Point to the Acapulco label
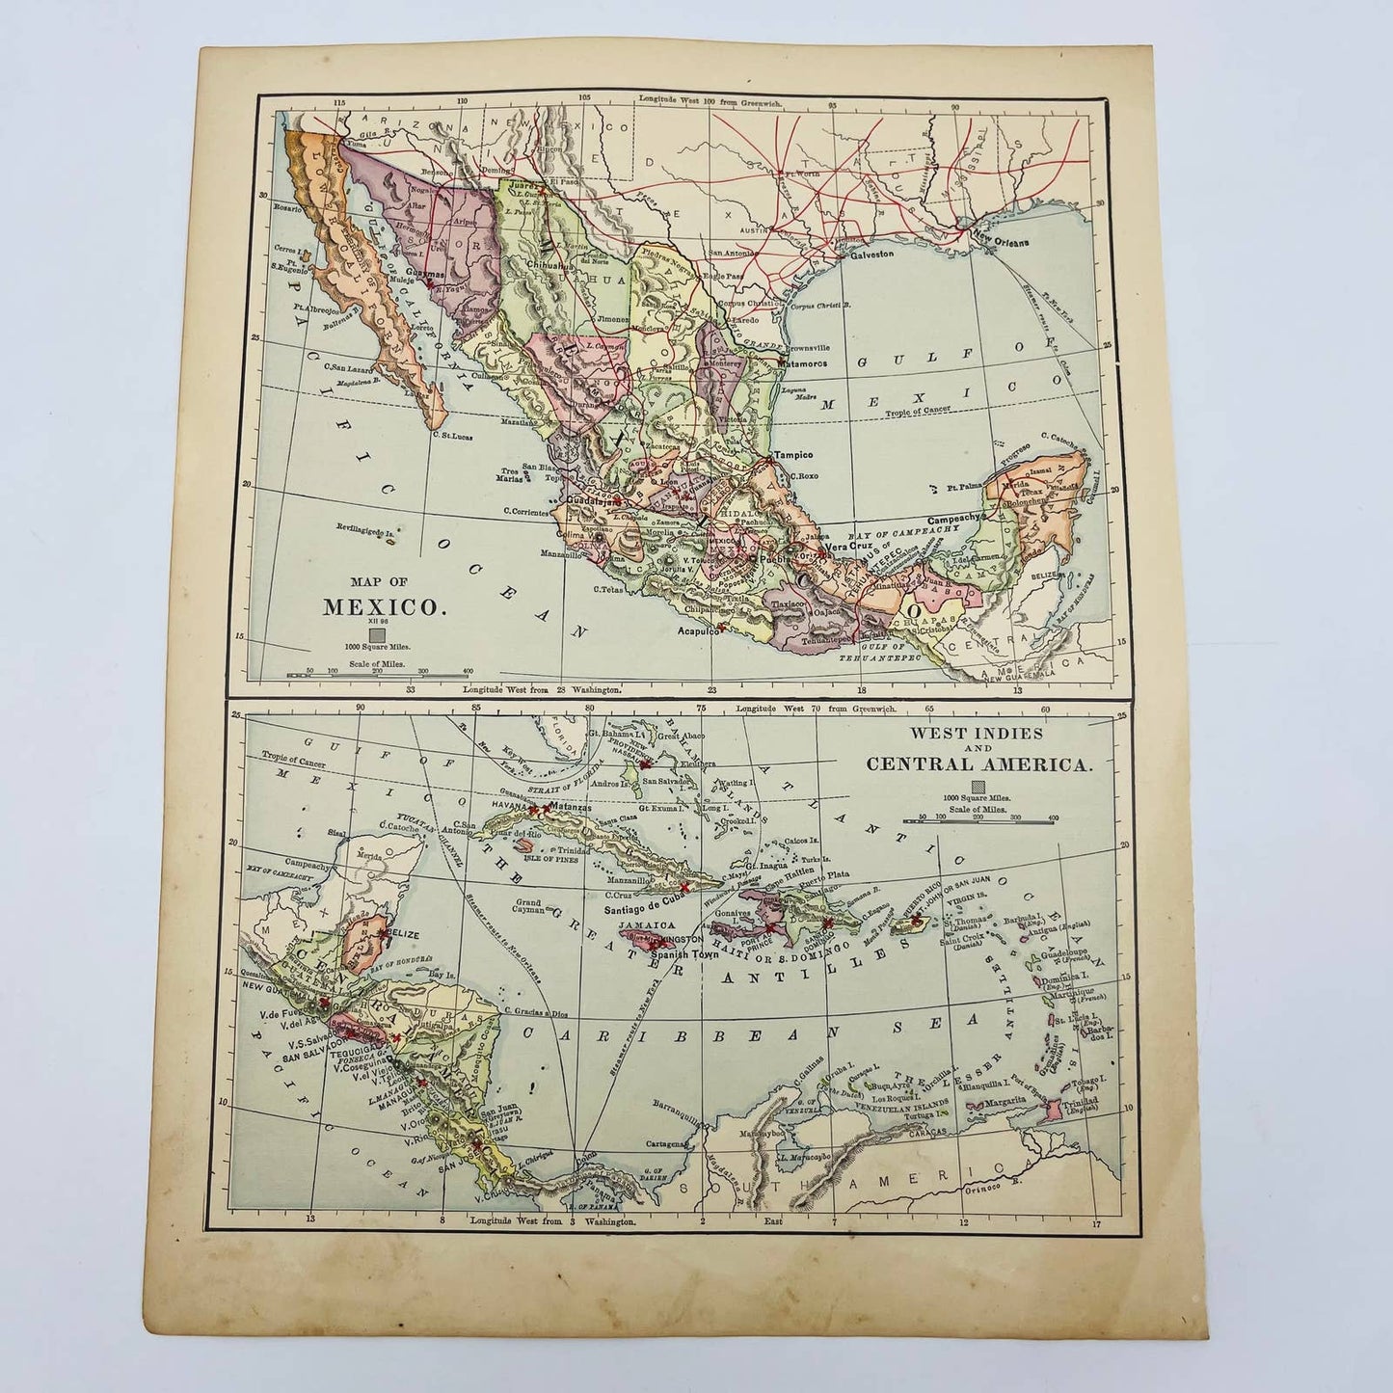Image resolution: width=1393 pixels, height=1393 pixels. (698, 632)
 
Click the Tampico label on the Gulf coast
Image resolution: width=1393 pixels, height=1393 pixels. (793, 455)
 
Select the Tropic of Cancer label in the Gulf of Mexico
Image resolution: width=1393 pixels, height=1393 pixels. (914, 410)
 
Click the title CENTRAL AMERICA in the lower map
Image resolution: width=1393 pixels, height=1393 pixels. (979, 764)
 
